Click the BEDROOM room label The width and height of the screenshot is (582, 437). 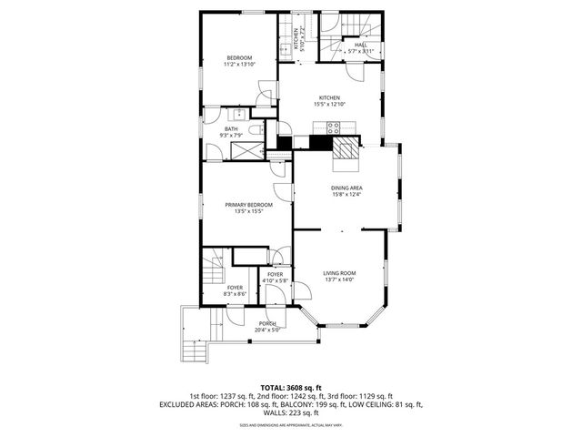238,58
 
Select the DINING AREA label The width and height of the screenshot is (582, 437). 346,188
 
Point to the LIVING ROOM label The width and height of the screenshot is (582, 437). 340,273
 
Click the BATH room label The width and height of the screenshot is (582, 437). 231,129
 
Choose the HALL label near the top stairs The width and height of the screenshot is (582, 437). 361,45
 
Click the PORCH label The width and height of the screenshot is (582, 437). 266,324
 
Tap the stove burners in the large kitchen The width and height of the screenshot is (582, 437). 334,127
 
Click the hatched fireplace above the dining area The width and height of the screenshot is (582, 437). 346,152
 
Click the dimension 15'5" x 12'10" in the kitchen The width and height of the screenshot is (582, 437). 328,105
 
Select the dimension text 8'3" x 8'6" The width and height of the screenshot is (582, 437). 235,294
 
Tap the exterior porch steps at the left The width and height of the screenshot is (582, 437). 194,347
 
